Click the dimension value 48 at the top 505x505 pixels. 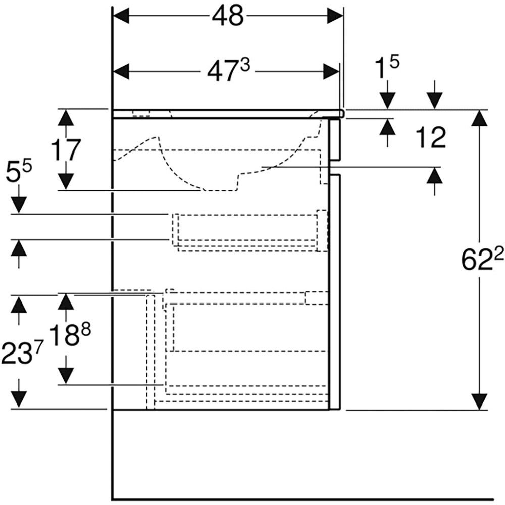coord(227,17)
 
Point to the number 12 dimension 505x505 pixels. coord(431,137)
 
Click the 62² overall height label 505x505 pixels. coord(482,260)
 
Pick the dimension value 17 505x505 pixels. coord(66,149)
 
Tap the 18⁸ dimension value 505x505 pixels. coord(70,335)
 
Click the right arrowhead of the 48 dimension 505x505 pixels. coord(334,17)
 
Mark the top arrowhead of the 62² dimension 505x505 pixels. coord(479,119)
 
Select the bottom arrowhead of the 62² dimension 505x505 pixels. coord(479,401)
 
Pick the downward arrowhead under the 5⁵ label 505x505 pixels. coord(19,205)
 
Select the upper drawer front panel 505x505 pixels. coord(334,139)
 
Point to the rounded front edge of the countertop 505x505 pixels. coord(342,114)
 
